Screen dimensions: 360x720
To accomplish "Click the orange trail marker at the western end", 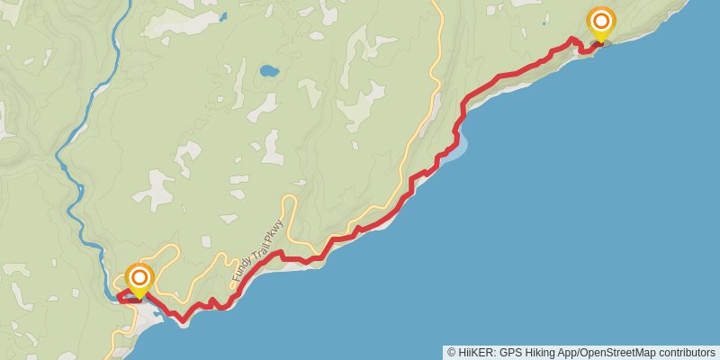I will pyautogui.click(x=139, y=278).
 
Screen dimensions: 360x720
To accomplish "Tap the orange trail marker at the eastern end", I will pyautogui.click(x=600, y=22).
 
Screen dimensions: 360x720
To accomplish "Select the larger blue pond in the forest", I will pyautogui.click(x=268, y=70).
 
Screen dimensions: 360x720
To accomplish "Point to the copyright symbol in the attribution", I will pyautogui.click(x=452, y=352).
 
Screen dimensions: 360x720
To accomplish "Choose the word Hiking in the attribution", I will pyautogui.click(x=544, y=352).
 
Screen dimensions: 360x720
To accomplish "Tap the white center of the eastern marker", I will pyautogui.click(x=600, y=21).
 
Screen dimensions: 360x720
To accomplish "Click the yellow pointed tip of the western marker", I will pyautogui.click(x=139, y=298).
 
